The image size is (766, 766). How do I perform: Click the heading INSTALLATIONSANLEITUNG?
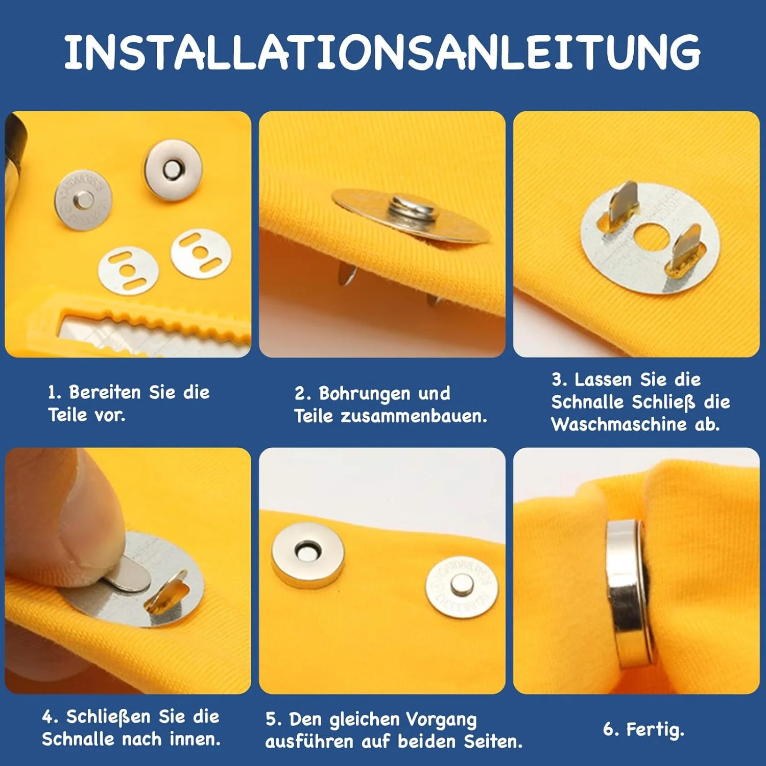382,52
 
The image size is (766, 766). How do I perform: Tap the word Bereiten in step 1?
105,392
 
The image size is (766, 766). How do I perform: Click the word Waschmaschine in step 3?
619,424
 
